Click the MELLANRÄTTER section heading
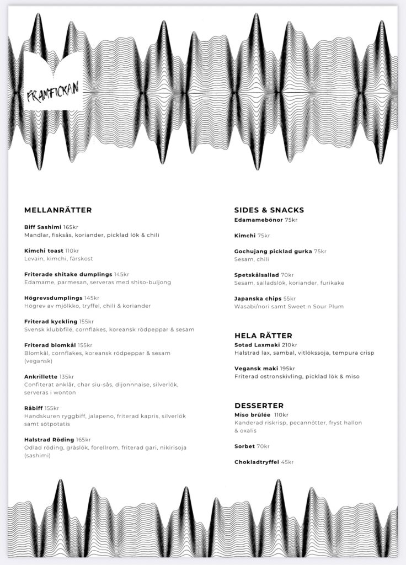pyautogui.click(x=58, y=210)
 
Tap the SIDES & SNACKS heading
pyautogui.click(x=269, y=210)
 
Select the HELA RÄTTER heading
pyautogui.click(x=263, y=335)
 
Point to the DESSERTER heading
pyautogui.click(x=259, y=406)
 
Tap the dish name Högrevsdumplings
pyautogui.click(x=53, y=298)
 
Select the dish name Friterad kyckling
pyautogui.click(x=51, y=322)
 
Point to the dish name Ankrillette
pyautogui.click(x=40, y=377)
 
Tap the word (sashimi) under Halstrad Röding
pyautogui.click(x=36, y=456)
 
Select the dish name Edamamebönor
pyautogui.click(x=258, y=220)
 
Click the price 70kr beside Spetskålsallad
pyautogui.click(x=287, y=275)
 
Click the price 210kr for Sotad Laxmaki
pyautogui.click(x=289, y=345)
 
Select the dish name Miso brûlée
pyautogui.click(x=252, y=415)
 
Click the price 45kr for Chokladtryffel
pyautogui.click(x=287, y=462)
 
